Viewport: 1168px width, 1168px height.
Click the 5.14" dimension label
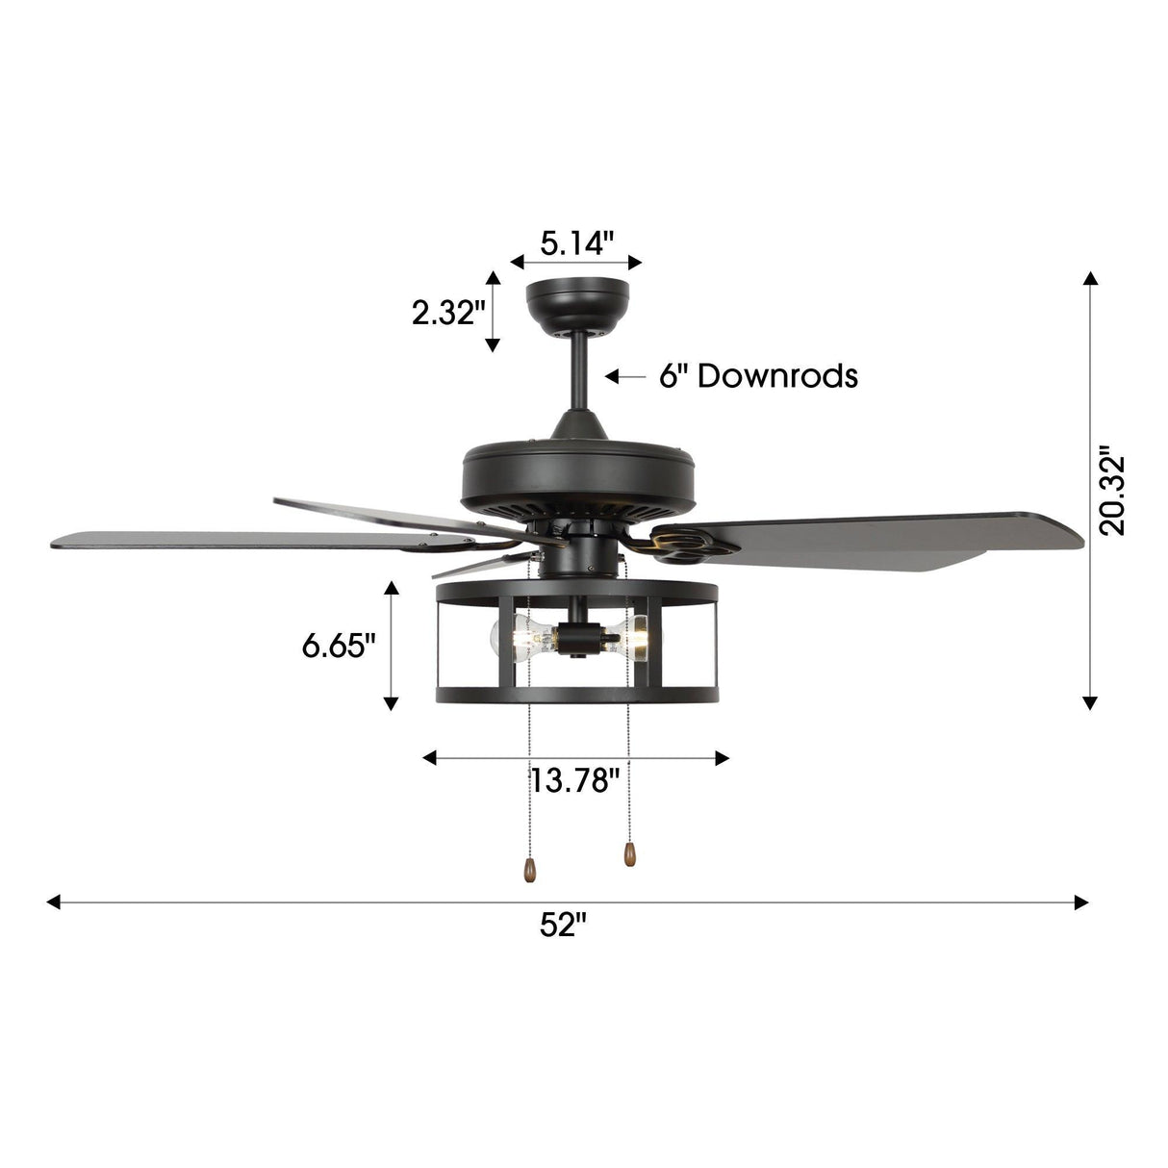click(576, 243)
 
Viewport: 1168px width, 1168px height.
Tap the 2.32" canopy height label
click(444, 313)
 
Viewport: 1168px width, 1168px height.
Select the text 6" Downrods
click(758, 375)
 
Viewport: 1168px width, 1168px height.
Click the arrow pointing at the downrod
click(624, 376)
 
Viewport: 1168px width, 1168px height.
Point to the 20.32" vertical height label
click(1114, 491)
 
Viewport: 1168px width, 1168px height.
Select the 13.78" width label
click(575, 779)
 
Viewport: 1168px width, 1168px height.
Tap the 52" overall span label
click(563, 926)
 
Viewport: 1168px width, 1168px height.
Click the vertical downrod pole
click(579, 380)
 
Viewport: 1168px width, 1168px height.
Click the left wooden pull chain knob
click(526, 869)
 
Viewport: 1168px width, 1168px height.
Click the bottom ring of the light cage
click(575, 694)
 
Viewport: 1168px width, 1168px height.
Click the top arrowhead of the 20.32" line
click(1089, 279)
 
